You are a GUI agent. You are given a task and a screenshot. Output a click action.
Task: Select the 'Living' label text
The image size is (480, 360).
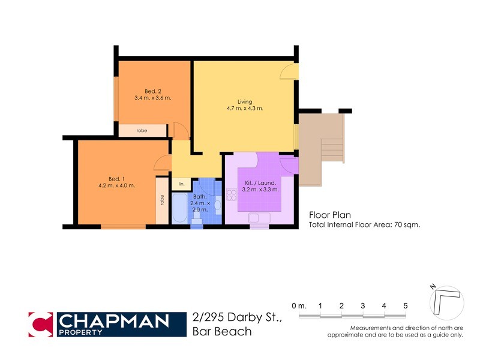pyautogui.click(x=244, y=102)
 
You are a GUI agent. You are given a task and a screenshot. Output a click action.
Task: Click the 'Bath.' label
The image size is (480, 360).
pyautogui.click(x=200, y=197)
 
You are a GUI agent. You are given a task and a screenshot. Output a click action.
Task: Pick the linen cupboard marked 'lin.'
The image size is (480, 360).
pyautogui.click(x=181, y=184)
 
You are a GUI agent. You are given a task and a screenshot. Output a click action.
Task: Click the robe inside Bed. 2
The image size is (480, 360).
pyautogui.click(x=142, y=130)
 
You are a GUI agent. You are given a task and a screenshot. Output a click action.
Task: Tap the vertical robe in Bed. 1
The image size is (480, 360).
pyautogui.click(x=162, y=200)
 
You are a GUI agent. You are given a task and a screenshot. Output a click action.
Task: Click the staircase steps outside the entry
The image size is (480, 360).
pyautogui.click(x=332, y=150)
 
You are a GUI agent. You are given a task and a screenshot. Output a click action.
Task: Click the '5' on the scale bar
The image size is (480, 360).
pyautogui.click(x=406, y=306)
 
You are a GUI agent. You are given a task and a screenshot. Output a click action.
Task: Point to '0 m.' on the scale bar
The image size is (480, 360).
pyautogui.click(x=299, y=306)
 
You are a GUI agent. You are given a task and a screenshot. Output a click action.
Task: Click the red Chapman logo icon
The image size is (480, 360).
pyautogui.click(x=41, y=324)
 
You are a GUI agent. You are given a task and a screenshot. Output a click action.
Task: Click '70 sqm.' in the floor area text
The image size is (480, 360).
pyautogui.click(x=406, y=225)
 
